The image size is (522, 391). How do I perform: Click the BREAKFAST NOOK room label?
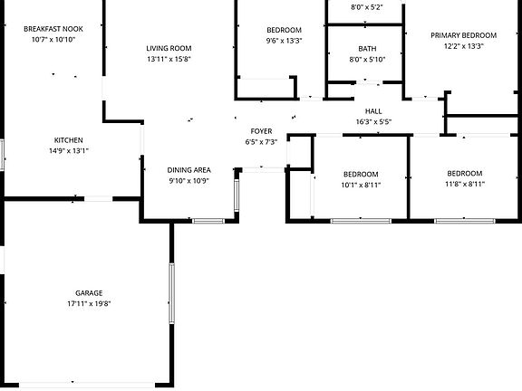tap(53, 29)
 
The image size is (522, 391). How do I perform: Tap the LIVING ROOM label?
tap(169, 48)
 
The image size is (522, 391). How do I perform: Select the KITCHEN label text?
tap(69, 140)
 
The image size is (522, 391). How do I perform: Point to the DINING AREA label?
tap(188, 170)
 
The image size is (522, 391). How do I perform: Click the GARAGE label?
tap(89, 293)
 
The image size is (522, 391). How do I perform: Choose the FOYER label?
tap(261, 131)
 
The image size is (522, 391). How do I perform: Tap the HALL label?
tap(373, 111)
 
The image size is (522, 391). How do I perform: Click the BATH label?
tap(367, 49)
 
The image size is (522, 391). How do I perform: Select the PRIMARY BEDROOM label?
tap(463, 35)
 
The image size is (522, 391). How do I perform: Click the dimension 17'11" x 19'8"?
tap(89, 303)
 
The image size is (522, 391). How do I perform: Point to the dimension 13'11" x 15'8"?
tap(169, 59)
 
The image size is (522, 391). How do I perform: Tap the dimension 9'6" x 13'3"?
tap(284, 41)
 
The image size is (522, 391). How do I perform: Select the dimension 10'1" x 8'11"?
tap(361, 185)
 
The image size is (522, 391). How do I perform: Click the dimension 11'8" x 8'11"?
tap(465, 184)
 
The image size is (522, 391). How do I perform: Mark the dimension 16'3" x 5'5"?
tap(373, 121)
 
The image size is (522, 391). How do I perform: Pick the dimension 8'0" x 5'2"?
tap(367, 7)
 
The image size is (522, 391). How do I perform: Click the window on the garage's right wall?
tap(172, 293)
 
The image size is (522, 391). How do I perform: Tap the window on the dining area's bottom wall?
tap(208, 221)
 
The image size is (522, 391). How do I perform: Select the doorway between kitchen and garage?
tap(98, 199)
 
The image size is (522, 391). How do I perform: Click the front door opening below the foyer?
tap(263, 170)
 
